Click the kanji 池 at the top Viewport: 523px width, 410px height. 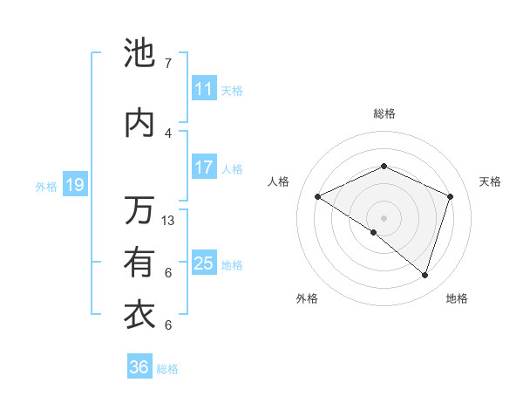click(139, 54)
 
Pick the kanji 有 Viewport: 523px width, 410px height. click(139, 263)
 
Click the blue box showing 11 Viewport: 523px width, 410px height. click(204, 89)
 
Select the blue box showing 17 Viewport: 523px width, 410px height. click(204, 167)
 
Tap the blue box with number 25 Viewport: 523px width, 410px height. click(204, 263)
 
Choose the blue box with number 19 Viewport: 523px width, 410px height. click(75, 185)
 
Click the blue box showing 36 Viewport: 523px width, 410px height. click(139, 367)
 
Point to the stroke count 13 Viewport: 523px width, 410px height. click(169, 221)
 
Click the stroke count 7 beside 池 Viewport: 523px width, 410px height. click(167, 64)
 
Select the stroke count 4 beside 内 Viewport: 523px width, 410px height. click(168, 133)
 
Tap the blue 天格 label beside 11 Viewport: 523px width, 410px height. click(232, 90)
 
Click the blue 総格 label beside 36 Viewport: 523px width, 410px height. click(167, 369)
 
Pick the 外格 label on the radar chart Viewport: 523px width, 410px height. click(307, 298)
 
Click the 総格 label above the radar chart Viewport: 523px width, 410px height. click(384, 113)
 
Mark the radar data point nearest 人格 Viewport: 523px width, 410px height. click(318, 197)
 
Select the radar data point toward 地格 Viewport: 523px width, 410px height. click(425, 275)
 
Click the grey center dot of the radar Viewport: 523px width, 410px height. click(384, 217)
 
